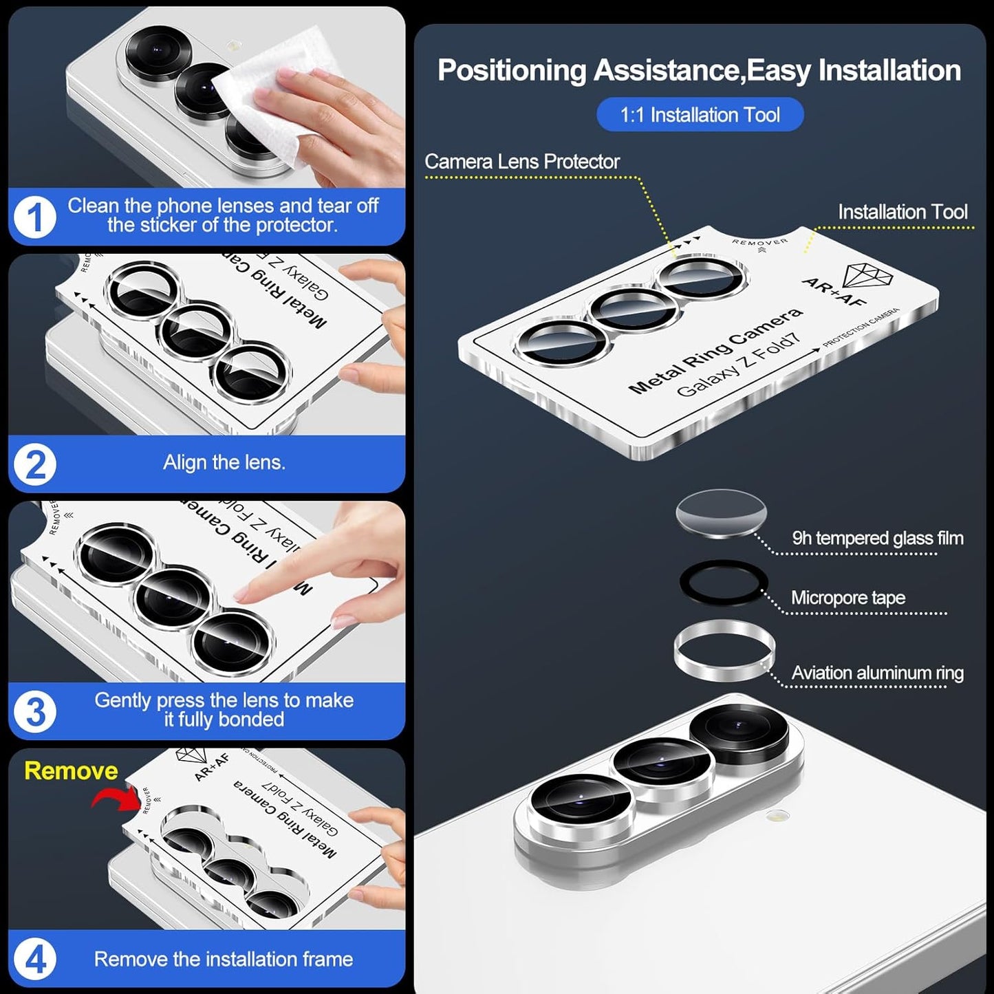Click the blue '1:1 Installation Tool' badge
700,114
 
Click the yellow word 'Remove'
71,770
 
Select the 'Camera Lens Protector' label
521,162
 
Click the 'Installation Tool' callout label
902,212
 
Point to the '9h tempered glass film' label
877,538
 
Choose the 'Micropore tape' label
847,598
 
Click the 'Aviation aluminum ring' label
877,673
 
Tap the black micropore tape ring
723,582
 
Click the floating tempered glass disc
721,513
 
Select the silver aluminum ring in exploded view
724,649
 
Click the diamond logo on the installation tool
867,276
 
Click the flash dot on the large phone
779,817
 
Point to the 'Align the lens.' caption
224,462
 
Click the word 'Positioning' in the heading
512,71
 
